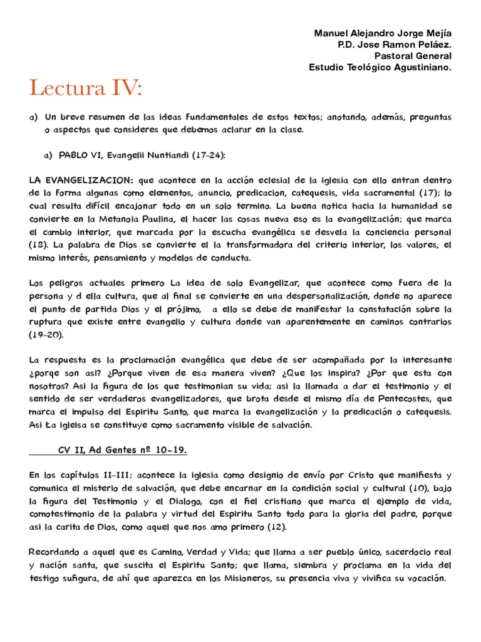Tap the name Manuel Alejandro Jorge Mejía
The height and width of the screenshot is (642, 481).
[x=382, y=33]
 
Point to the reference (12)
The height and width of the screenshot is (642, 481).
[x=273, y=527]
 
